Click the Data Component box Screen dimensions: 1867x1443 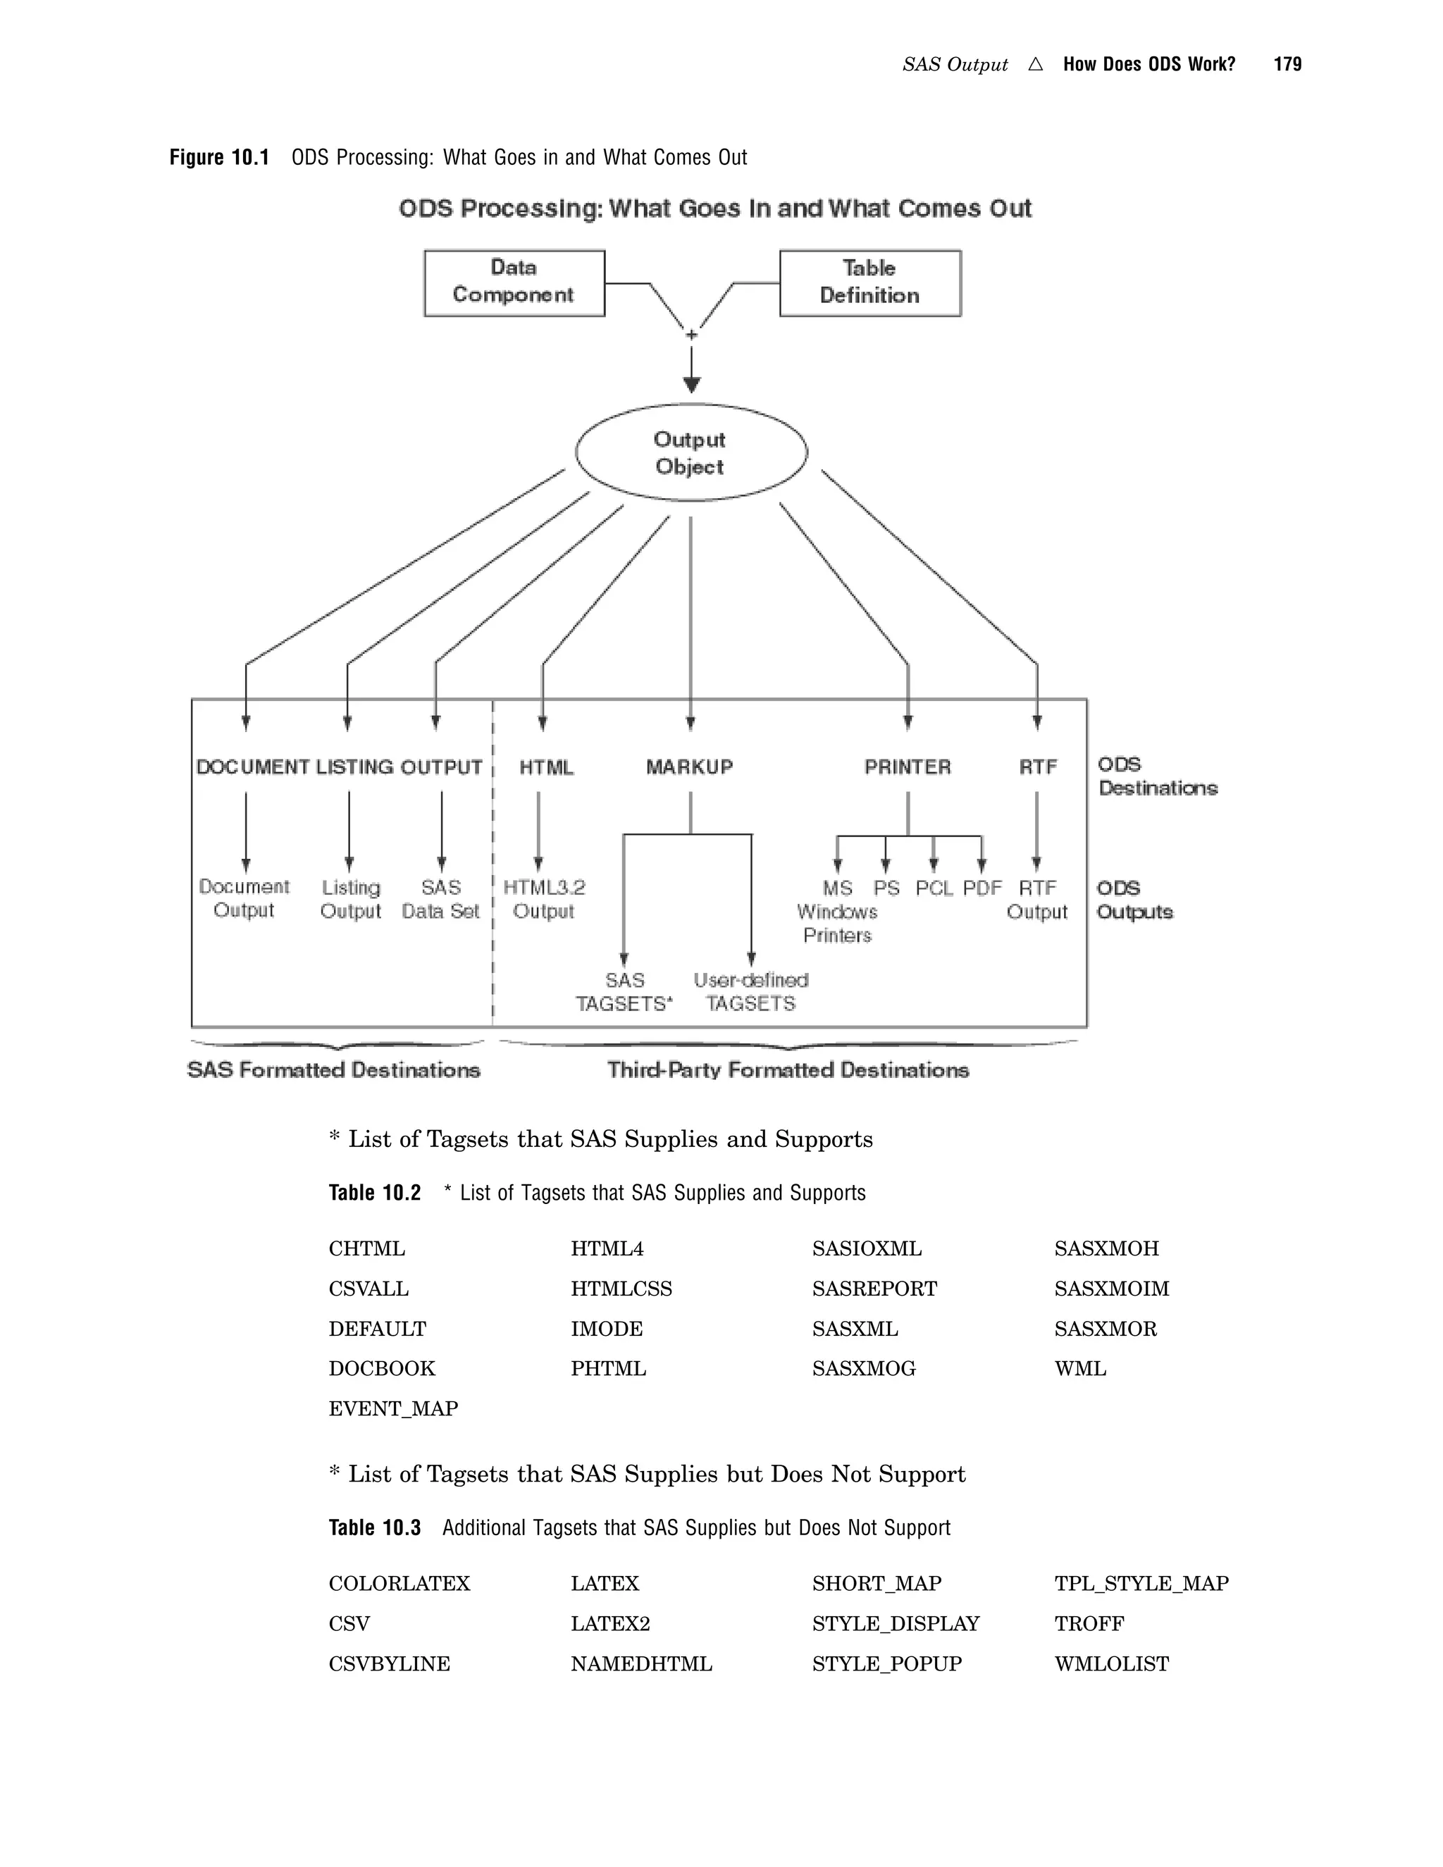click(x=514, y=283)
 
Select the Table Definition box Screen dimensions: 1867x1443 click(x=869, y=283)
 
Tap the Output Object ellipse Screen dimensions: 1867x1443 click(x=690, y=453)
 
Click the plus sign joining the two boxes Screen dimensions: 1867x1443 click(x=692, y=334)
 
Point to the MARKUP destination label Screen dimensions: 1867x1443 click(x=689, y=767)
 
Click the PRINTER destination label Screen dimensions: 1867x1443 click(x=907, y=767)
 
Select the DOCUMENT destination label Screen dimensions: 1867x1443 click(x=252, y=767)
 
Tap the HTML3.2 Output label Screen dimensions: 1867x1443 click(x=544, y=899)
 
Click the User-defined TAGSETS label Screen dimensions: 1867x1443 click(x=750, y=992)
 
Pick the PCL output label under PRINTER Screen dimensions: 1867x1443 click(x=934, y=888)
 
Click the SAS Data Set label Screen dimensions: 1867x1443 click(x=440, y=899)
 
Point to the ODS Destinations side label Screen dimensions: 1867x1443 click(x=1158, y=776)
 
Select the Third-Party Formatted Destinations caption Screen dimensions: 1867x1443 click(x=787, y=1070)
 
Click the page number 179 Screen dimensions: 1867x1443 click(x=1287, y=64)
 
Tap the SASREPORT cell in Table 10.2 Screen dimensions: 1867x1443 click(x=874, y=1289)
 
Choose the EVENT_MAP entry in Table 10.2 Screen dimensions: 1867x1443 click(x=393, y=1408)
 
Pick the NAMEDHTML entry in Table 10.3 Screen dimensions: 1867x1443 click(x=641, y=1663)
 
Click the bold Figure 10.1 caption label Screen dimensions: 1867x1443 click(x=219, y=157)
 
